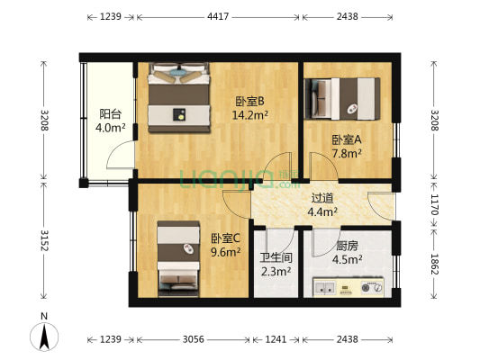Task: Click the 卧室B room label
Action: tap(249, 101)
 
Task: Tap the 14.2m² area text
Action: tap(249, 114)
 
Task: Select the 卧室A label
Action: tap(347, 139)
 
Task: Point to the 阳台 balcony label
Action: tap(111, 114)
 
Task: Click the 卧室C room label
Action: tap(225, 238)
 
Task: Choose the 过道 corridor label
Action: tap(322, 198)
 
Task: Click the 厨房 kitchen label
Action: tap(348, 246)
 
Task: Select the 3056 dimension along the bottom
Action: tap(194, 339)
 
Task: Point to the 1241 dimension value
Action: tap(276, 339)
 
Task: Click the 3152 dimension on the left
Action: tap(42, 241)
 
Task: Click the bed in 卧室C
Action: tap(178, 258)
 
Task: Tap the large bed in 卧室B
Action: tap(179, 98)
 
